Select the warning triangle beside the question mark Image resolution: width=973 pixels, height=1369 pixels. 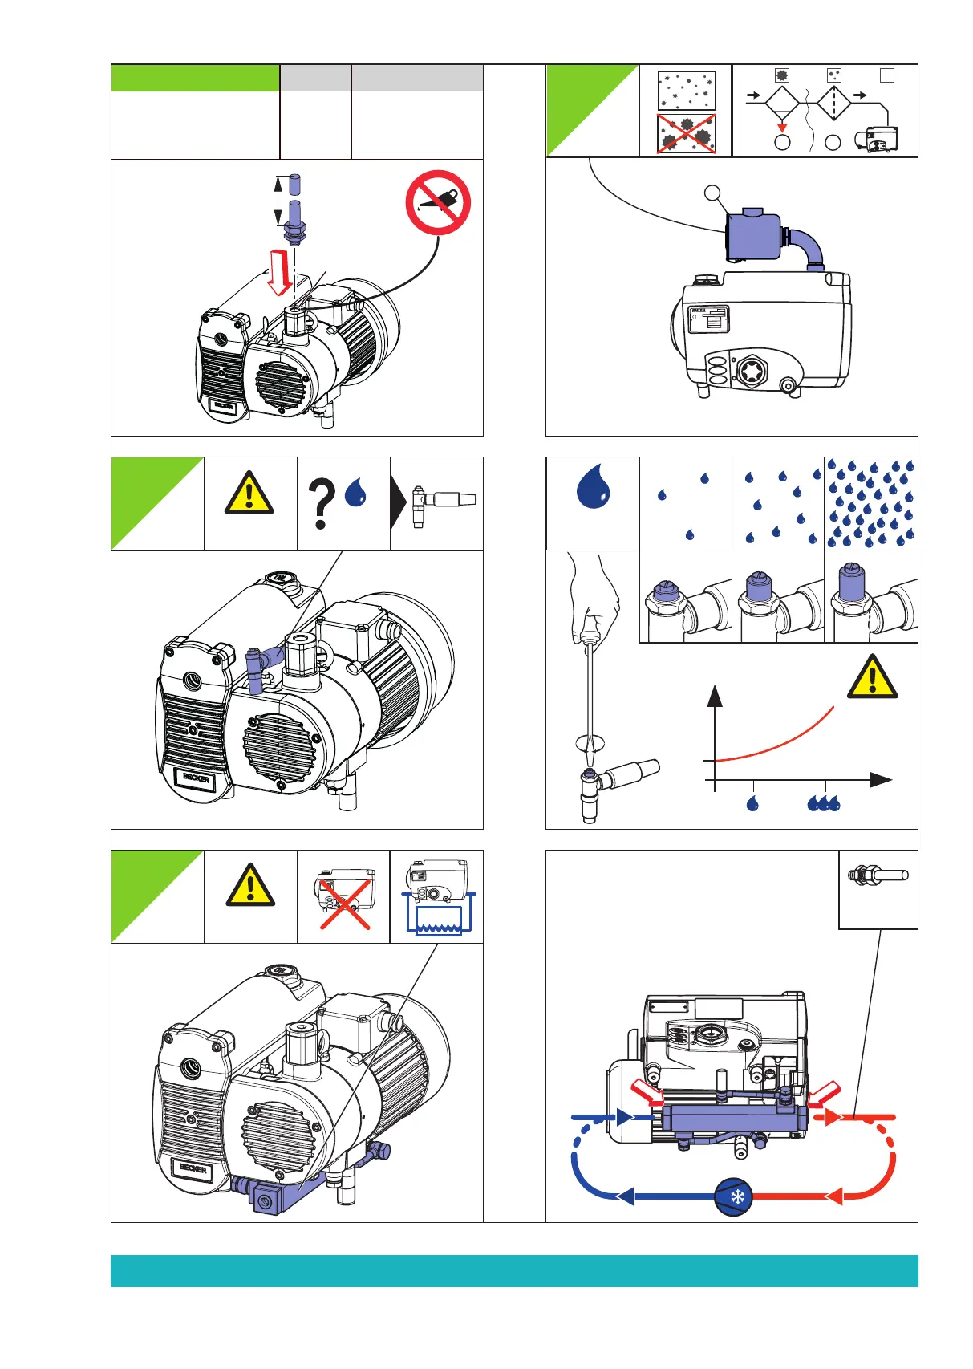249,493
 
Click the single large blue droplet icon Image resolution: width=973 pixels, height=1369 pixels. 593,486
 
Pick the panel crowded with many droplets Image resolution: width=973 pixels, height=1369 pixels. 871,503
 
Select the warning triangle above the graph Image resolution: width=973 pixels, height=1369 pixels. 872,677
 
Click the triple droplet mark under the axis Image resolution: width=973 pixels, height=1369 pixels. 824,803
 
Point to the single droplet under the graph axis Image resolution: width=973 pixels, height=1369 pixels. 752,803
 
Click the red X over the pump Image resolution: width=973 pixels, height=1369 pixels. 345,904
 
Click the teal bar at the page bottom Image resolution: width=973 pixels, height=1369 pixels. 514,1271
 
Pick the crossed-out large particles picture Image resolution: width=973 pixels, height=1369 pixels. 686,134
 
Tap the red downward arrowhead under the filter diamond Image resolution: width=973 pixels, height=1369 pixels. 782,127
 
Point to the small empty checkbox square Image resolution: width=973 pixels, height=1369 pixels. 886,75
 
